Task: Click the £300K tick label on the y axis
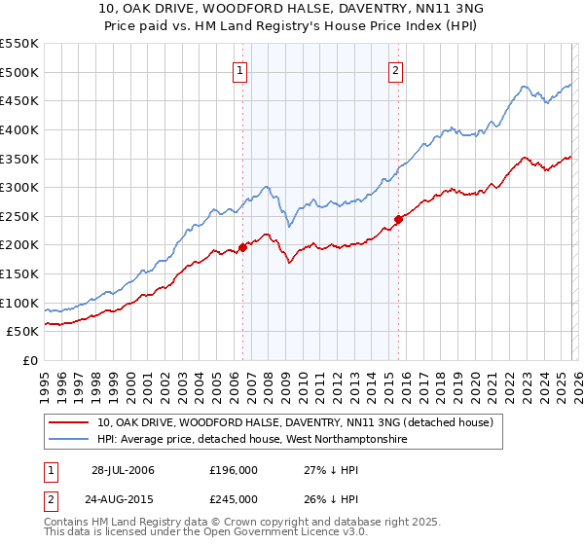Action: click(x=18, y=187)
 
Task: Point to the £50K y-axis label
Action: click(x=22, y=332)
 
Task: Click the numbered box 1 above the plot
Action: click(x=239, y=69)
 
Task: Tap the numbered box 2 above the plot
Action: click(x=396, y=69)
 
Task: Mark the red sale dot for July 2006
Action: click(x=242, y=247)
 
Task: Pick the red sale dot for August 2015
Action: click(x=398, y=219)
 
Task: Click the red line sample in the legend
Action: click(x=69, y=422)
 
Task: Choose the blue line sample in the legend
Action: click(x=69, y=439)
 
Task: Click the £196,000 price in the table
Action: click(x=233, y=470)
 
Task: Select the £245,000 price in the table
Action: click(x=233, y=498)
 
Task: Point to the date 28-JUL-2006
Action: click(x=123, y=470)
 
